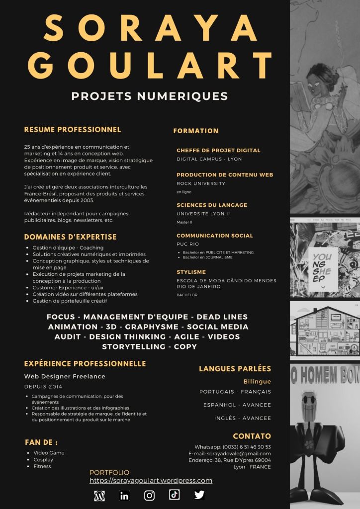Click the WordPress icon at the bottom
coord(99,495)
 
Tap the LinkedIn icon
coord(124,495)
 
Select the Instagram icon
coord(149,495)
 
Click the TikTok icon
coord(174,495)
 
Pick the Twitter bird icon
coord(199,495)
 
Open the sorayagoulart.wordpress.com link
coord(151,481)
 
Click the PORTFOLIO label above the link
coord(109,473)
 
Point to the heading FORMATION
coord(196,131)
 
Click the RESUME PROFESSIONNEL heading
coord(73,130)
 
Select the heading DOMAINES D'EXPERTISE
coord(70,237)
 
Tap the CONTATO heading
coord(252,436)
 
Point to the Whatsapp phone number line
coord(233,447)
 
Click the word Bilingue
coord(257,381)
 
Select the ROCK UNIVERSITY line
coord(201,183)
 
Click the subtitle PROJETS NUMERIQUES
coord(150,96)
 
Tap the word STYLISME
coord(191,272)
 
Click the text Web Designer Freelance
coord(65,376)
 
